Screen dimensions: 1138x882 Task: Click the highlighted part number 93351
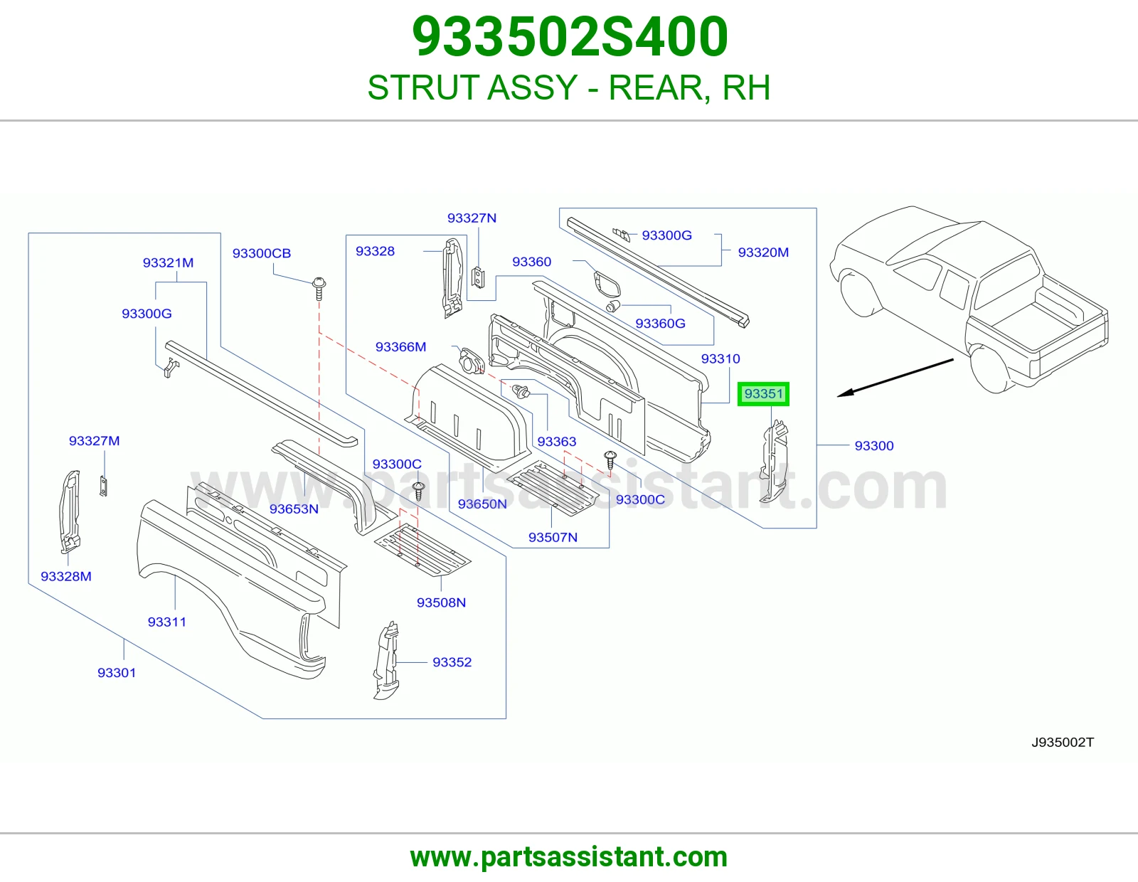[763, 394]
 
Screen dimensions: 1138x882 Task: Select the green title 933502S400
[570, 36]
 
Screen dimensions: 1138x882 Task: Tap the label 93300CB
[261, 253]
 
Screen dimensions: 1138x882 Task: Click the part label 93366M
[400, 346]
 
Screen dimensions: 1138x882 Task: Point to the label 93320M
[763, 253]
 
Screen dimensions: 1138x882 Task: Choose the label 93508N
[441, 602]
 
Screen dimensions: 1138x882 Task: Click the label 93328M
[66, 576]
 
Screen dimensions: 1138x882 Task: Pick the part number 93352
[452, 662]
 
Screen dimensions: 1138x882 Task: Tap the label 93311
[167, 622]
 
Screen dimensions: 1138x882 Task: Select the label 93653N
[294, 509]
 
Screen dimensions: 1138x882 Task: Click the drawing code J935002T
[1063, 742]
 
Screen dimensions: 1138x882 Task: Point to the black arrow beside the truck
[895, 378]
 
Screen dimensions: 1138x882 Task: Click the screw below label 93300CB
[319, 289]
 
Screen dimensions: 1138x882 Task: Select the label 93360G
[660, 324]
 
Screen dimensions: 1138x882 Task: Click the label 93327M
[95, 441]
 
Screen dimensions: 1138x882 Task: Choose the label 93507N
[553, 537]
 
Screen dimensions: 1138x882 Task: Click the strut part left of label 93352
[386, 661]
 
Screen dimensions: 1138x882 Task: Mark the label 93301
[117, 672]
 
